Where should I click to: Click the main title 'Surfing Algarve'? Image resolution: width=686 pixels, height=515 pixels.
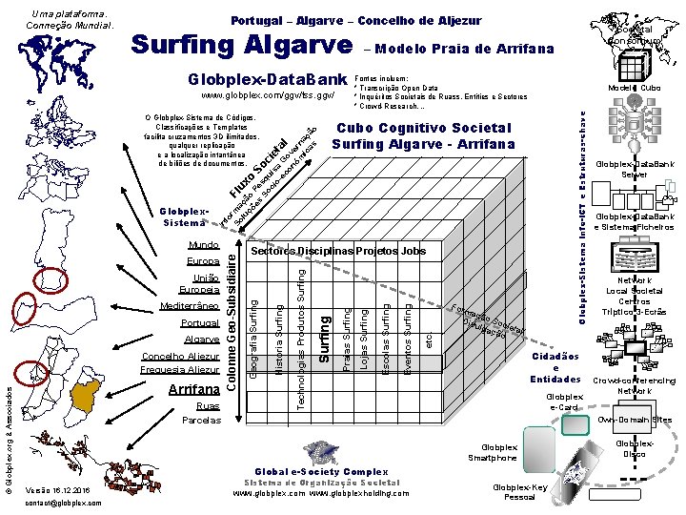coord(241,45)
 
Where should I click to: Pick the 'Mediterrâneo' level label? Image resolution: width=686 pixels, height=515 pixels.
coord(191,308)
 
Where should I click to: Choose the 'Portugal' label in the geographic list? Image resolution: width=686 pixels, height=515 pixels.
coord(200,323)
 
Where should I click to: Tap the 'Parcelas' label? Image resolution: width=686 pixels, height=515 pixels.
coord(200,420)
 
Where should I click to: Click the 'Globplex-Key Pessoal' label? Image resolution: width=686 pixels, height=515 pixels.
coord(519,491)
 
